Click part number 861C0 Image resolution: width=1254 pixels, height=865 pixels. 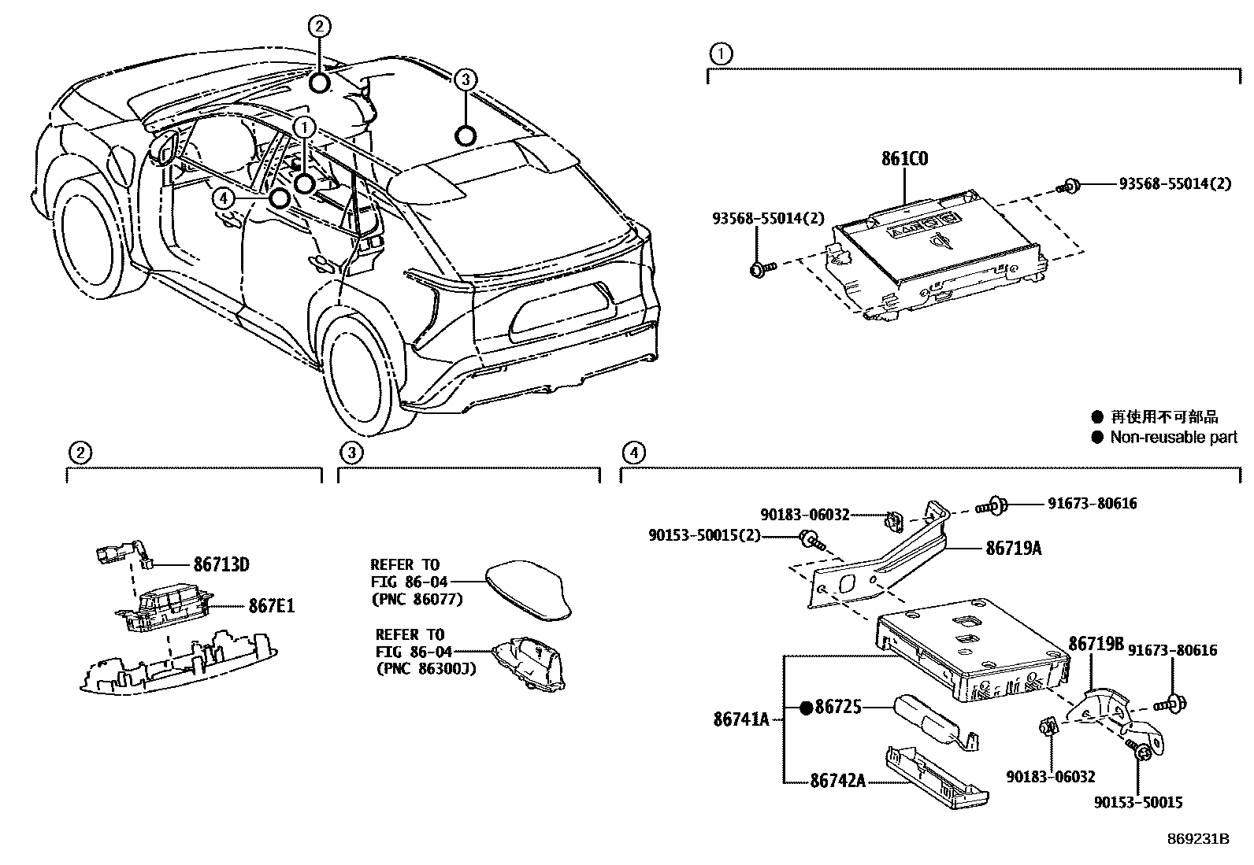pos(904,160)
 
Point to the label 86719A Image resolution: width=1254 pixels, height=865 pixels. pos(1013,549)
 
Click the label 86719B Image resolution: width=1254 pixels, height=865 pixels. pos(1096,644)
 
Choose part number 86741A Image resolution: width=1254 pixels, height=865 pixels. pos(741,718)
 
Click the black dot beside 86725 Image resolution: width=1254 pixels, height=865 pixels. pos(806,708)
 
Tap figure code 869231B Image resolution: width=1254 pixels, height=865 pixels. pos(1198,839)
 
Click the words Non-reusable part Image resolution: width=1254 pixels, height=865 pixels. pos(1174,437)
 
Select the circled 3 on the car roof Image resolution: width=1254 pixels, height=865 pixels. pos(466,79)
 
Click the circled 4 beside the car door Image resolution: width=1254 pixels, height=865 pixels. pos(224,199)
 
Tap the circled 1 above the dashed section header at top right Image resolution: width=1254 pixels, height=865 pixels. pos(720,54)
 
